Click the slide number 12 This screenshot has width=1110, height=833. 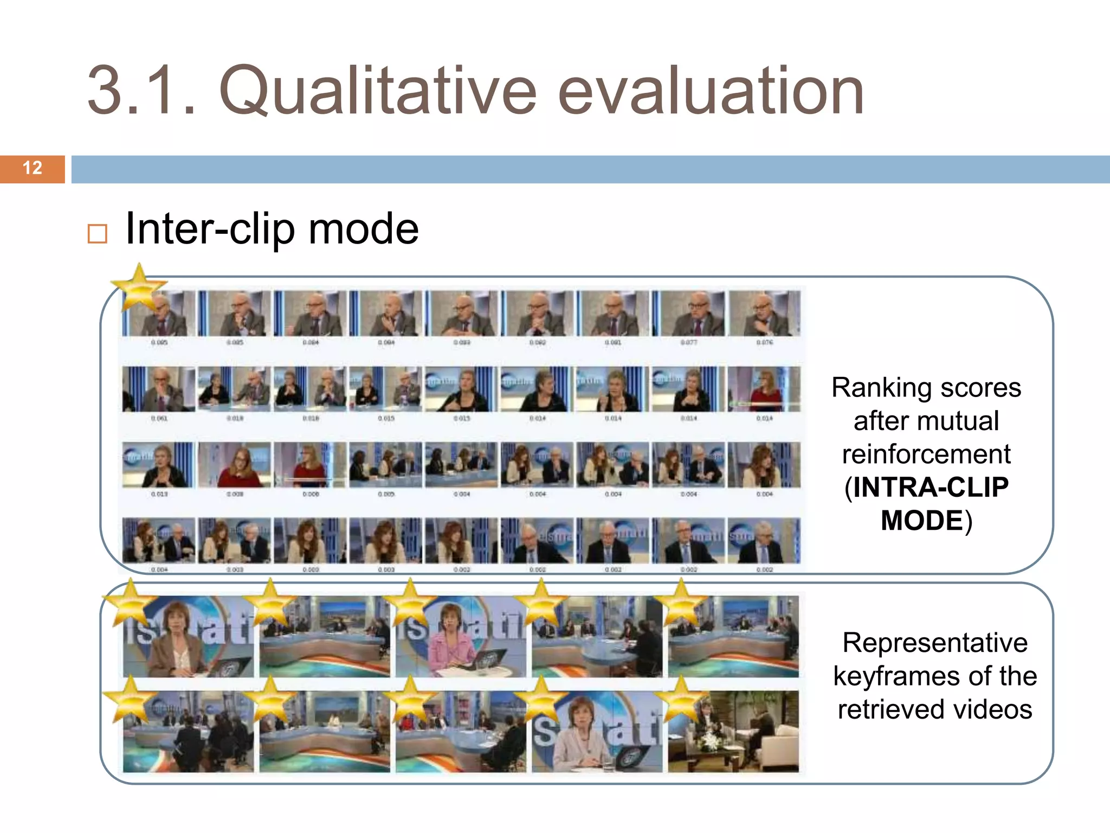point(33,168)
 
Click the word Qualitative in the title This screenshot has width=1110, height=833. point(377,91)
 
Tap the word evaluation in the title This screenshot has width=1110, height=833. point(711,91)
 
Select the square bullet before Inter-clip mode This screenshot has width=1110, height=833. point(98,234)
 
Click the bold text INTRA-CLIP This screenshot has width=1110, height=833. point(930,487)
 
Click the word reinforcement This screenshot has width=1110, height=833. point(926,454)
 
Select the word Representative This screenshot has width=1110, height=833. point(935,643)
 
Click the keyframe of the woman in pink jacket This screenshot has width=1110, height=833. point(461,637)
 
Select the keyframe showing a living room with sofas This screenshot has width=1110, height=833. point(733,732)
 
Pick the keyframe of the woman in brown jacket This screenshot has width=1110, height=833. point(188,637)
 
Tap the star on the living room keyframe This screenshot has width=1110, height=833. point(681,697)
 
